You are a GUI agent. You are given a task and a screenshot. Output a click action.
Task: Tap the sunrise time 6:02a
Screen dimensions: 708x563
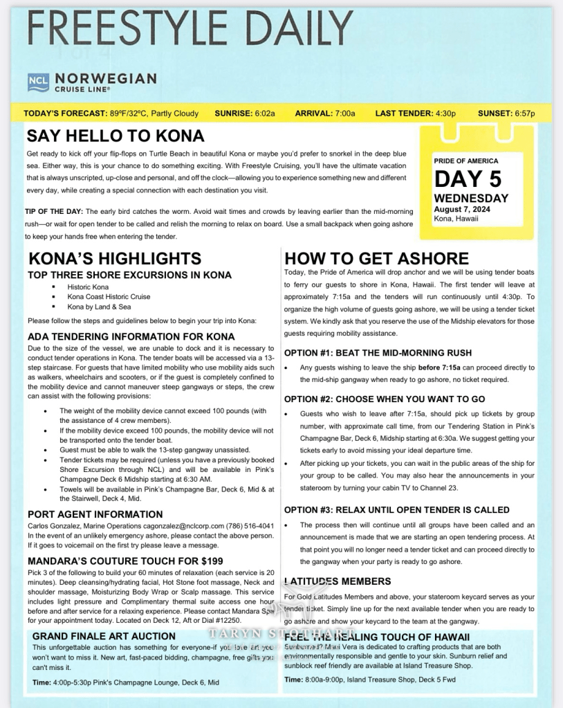click(x=264, y=114)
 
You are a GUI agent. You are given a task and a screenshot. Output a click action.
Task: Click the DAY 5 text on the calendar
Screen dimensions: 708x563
click(x=468, y=179)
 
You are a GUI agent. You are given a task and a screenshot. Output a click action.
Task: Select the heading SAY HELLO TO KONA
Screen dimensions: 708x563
click(x=116, y=135)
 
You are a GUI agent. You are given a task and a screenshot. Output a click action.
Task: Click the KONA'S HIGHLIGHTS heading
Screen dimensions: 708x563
click(x=115, y=259)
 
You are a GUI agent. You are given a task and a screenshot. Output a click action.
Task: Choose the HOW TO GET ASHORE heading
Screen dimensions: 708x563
click(x=377, y=259)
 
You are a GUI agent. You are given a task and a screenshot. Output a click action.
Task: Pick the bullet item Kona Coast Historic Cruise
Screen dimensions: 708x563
click(x=109, y=297)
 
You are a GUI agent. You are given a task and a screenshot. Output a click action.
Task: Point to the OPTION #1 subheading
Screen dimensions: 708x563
click(x=378, y=353)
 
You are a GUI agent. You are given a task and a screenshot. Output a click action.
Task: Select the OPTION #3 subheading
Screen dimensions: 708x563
click(x=396, y=509)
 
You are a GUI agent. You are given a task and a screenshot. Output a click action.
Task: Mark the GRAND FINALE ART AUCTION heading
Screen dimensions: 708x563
click(x=104, y=636)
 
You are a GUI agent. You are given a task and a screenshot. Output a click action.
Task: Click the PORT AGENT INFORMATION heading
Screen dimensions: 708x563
click(x=95, y=514)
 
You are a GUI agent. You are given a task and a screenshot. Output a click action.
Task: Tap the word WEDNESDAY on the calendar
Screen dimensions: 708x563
click(x=471, y=198)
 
